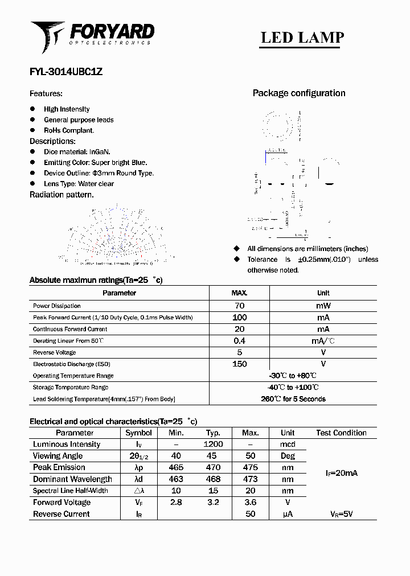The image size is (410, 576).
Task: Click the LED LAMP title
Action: click(302, 38)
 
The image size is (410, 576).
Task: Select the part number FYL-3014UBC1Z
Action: click(66, 72)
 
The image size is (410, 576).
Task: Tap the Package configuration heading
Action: click(299, 93)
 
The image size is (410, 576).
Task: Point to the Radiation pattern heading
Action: click(61, 195)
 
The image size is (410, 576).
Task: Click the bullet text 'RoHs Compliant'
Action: click(69, 130)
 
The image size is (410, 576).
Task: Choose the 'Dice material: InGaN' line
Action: click(77, 152)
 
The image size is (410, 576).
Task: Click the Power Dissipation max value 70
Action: click(239, 306)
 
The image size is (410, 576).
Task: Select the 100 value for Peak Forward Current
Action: click(239, 318)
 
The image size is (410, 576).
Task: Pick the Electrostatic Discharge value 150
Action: click(239, 364)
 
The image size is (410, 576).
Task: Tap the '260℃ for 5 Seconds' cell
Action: click(293, 399)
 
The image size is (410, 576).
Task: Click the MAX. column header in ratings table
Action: click(239, 293)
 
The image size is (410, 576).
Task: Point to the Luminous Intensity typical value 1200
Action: click(213, 445)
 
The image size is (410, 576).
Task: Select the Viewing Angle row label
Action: click(58, 456)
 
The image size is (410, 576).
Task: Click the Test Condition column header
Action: click(341, 433)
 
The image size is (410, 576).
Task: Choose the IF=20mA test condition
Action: click(341, 474)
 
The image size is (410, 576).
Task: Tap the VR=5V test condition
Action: click(341, 514)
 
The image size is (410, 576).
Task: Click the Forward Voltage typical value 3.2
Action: click(213, 503)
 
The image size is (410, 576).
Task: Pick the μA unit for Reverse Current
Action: click(288, 514)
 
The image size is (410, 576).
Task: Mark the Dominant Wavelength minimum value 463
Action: click(176, 479)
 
